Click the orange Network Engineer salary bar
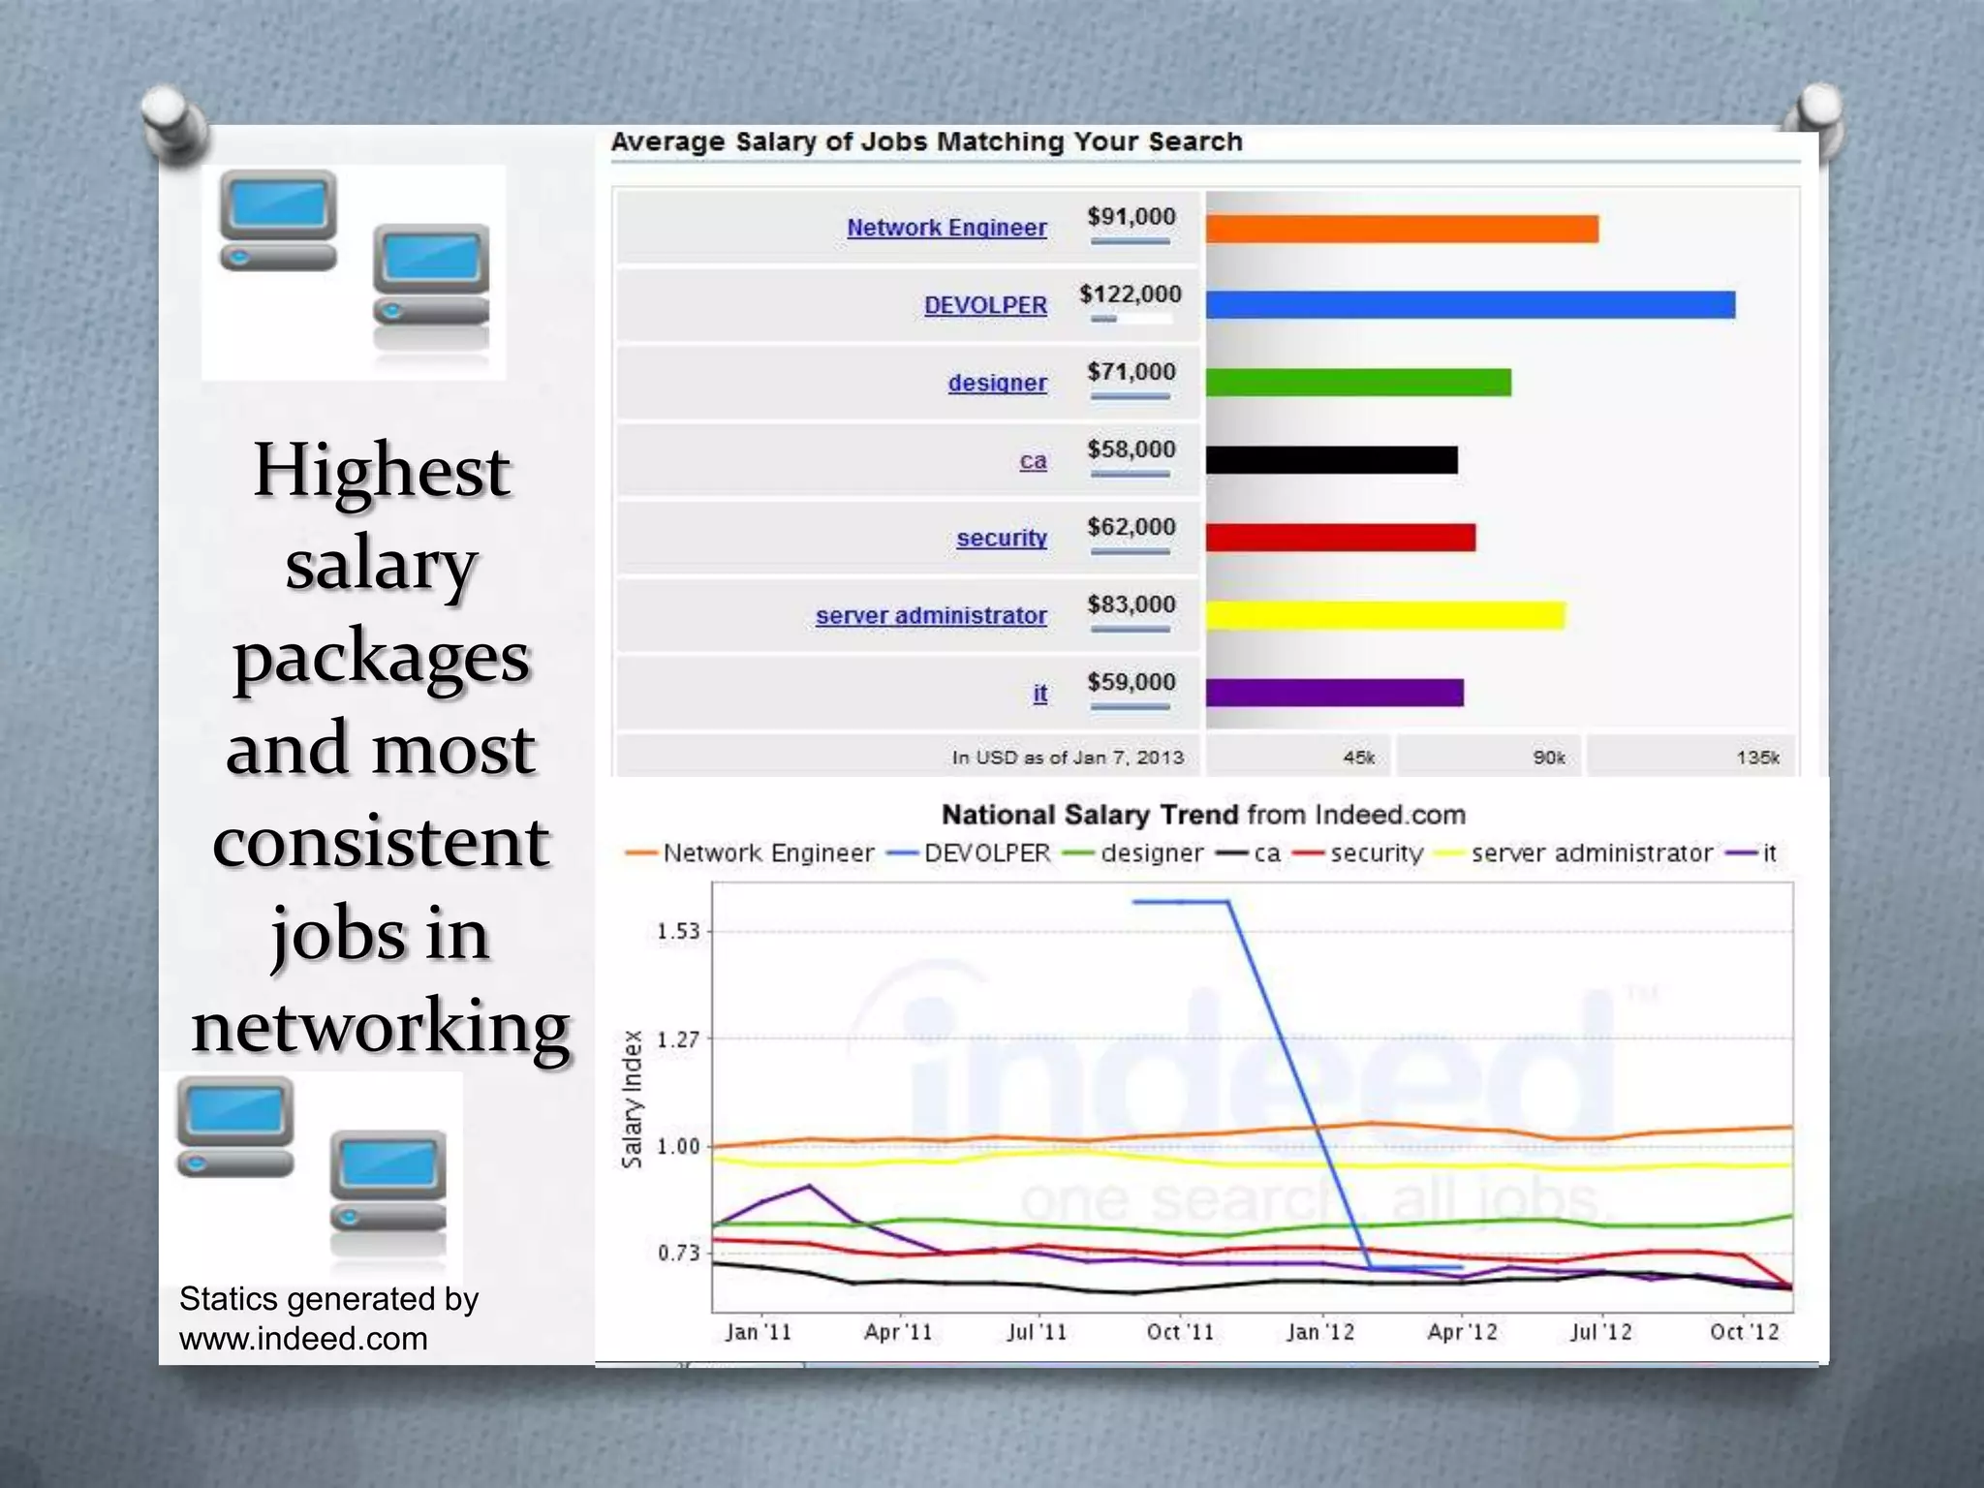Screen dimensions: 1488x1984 (x=1402, y=230)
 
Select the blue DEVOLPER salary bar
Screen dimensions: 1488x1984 (x=1470, y=305)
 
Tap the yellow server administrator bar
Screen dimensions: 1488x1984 (x=1385, y=615)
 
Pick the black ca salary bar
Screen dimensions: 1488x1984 (x=1331, y=460)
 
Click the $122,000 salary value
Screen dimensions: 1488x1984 (x=1131, y=294)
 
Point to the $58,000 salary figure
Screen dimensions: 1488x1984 (x=1131, y=449)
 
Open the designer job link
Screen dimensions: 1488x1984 (x=997, y=383)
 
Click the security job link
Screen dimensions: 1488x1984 (x=1002, y=538)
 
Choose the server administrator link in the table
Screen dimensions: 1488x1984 (x=931, y=615)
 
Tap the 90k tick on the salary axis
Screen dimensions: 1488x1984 (x=1548, y=758)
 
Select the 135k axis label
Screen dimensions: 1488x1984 (x=1756, y=758)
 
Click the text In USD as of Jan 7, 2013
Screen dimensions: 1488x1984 (x=1067, y=758)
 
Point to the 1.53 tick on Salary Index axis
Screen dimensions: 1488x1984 (x=678, y=931)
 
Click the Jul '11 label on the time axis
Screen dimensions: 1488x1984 (x=1037, y=1332)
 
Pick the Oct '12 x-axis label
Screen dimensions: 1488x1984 (x=1744, y=1332)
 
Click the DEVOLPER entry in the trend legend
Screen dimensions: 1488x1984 (x=986, y=853)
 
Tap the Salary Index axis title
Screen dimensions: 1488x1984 (x=632, y=1099)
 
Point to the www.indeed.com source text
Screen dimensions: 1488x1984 (x=303, y=1339)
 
